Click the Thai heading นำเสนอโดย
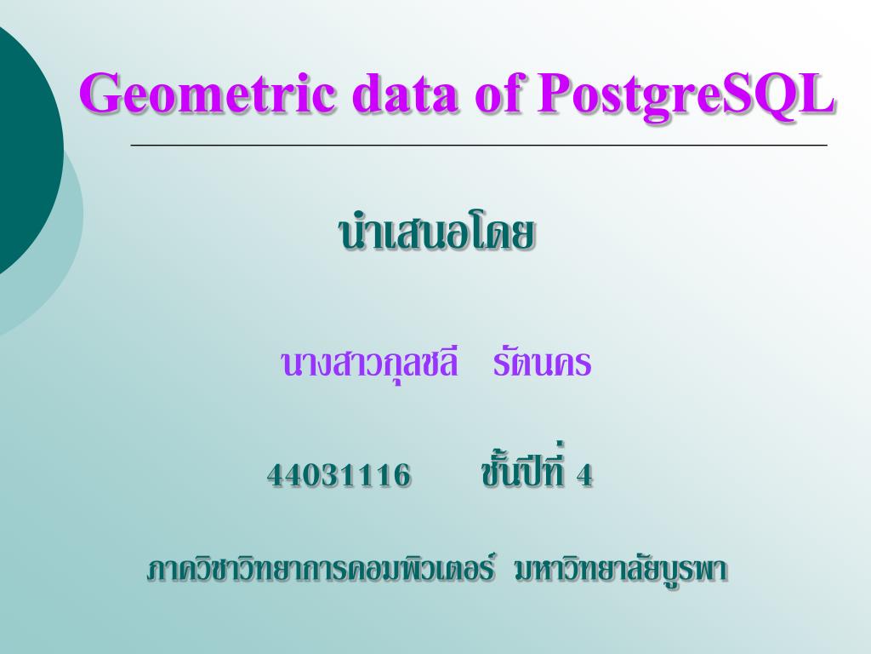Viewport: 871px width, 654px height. coord(436,235)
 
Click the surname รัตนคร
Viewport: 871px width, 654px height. coord(541,364)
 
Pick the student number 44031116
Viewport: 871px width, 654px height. coord(339,474)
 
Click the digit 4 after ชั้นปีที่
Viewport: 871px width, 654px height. coord(584,474)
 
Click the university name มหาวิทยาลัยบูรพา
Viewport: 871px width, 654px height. coord(621,570)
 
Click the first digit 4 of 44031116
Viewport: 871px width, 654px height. coord(276,474)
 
